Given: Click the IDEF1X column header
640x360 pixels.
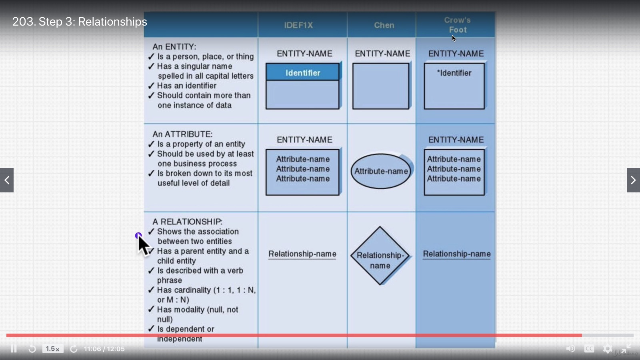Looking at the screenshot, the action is (x=298, y=25).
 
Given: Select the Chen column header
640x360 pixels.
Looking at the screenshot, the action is (x=384, y=25).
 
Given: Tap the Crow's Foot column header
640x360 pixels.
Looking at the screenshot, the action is (x=457, y=25).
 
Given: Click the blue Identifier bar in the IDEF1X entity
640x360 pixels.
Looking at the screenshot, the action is (x=302, y=73).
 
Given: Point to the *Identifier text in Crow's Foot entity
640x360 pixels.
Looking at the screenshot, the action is (x=454, y=73).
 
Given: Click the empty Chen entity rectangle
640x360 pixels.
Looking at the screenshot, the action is (x=381, y=86).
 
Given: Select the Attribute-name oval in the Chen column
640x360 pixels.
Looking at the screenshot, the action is (x=381, y=171).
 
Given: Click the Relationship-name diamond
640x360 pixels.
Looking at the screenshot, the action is (x=380, y=256).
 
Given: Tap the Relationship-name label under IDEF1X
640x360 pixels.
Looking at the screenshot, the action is (x=302, y=254).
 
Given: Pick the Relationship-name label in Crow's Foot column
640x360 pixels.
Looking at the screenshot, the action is (x=457, y=254).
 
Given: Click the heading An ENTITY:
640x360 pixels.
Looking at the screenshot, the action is (x=174, y=47).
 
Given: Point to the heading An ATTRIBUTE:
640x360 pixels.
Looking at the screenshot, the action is (x=182, y=134).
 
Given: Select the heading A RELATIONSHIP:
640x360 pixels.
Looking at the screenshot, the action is (x=187, y=222).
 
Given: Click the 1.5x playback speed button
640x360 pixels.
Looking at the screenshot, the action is (x=53, y=349).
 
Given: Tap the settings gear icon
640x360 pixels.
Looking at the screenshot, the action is (x=608, y=349).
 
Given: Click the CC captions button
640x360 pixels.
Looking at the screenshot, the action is (x=589, y=349).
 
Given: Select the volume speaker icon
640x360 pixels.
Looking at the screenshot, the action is (x=570, y=349).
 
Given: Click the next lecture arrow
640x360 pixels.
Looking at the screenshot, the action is (x=633, y=180).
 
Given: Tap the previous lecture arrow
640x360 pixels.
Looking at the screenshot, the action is (x=7, y=180).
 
